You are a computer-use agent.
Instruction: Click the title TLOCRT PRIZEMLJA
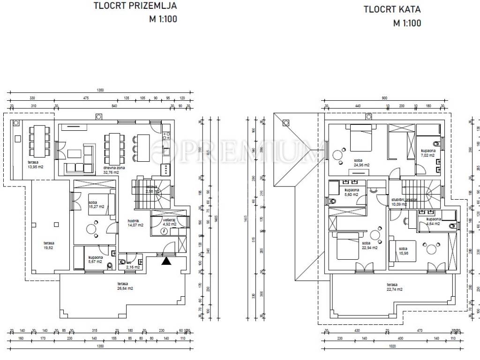tap(135, 7)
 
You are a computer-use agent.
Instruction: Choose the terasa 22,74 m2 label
tap(394, 287)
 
